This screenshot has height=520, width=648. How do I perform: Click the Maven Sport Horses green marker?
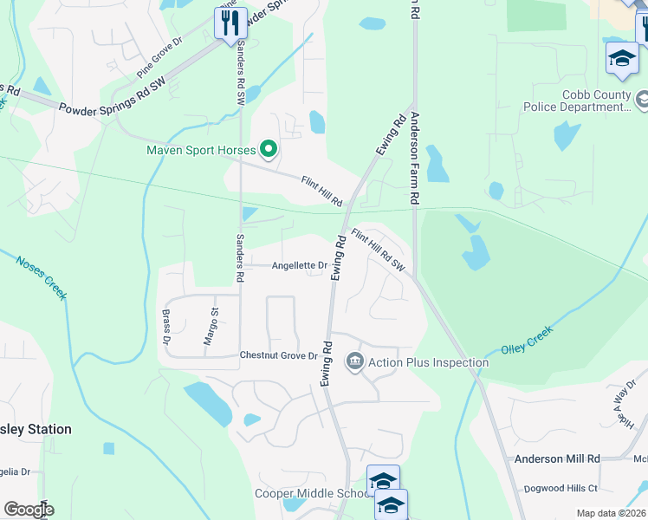pyautogui.click(x=269, y=151)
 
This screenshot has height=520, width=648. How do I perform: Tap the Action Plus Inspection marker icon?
pyautogui.click(x=354, y=361)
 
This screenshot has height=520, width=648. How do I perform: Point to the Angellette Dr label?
pyautogui.click(x=299, y=266)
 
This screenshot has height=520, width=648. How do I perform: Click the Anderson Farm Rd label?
pyautogui.click(x=415, y=157)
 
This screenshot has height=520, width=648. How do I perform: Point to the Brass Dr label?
pyautogui.click(x=165, y=325)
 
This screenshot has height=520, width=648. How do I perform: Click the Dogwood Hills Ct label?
pyautogui.click(x=580, y=488)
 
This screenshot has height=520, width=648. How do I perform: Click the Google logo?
pyautogui.click(x=29, y=510)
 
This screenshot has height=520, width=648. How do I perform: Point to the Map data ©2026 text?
pyautogui.click(x=611, y=513)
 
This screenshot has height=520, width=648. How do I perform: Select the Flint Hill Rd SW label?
pyautogui.click(x=378, y=250)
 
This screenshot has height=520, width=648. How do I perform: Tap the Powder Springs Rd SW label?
pyautogui.click(x=111, y=94)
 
